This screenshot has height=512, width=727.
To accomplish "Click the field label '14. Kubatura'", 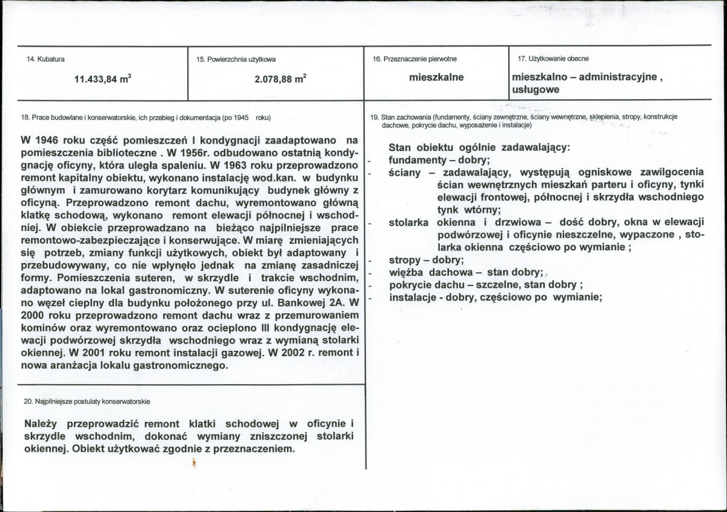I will (x=47, y=59).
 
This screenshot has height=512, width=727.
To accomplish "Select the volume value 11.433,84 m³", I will (x=103, y=78).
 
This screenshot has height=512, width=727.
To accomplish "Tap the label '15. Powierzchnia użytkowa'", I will (x=236, y=59).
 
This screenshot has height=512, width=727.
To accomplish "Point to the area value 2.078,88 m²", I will (x=276, y=78).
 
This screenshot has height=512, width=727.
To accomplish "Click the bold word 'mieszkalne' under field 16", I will (x=436, y=78).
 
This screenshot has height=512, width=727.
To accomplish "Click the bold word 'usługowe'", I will (x=536, y=90).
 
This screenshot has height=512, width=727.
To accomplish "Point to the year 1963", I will (x=229, y=164).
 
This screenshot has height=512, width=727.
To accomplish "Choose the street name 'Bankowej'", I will (x=297, y=301).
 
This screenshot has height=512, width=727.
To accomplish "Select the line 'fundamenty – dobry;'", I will (x=439, y=160).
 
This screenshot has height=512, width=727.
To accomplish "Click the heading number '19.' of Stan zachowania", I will (x=374, y=117).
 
